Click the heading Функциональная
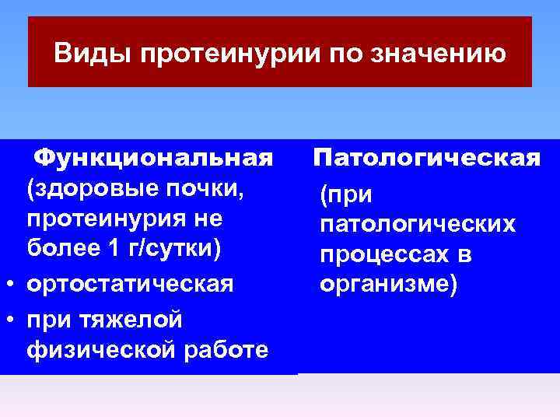[x=154, y=158]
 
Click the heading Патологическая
[x=427, y=158]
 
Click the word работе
[x=225, y=349]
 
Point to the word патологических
[x=417, y=224]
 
